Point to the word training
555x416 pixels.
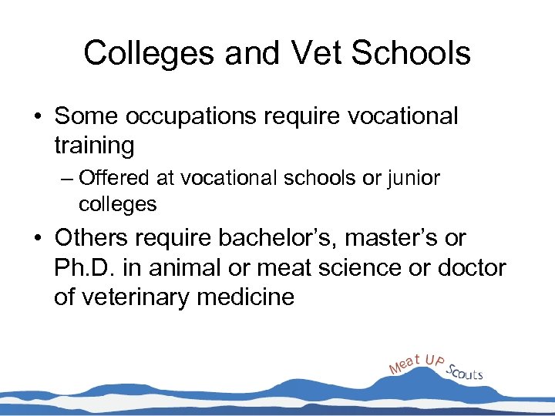[x=94, y=145]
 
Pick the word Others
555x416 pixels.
[x=96, y=238]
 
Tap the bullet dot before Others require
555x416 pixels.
[x=38, y=239]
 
